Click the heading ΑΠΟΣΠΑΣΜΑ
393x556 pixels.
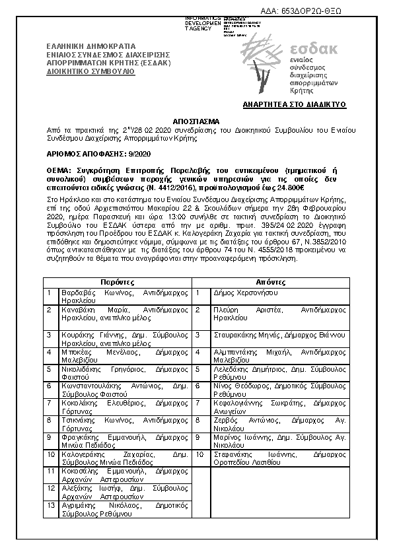tap(196, 123)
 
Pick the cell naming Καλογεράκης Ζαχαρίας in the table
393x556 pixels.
tap(125, 458)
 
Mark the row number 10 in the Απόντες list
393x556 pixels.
tap(200, 454)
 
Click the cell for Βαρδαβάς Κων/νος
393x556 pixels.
tap(125, 295)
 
